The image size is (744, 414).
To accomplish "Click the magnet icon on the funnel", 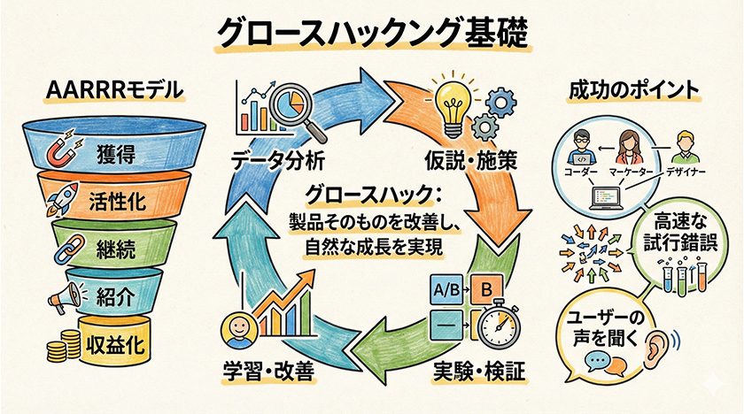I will coord(60,149).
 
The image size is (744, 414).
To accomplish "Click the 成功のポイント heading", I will coord(635,90).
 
